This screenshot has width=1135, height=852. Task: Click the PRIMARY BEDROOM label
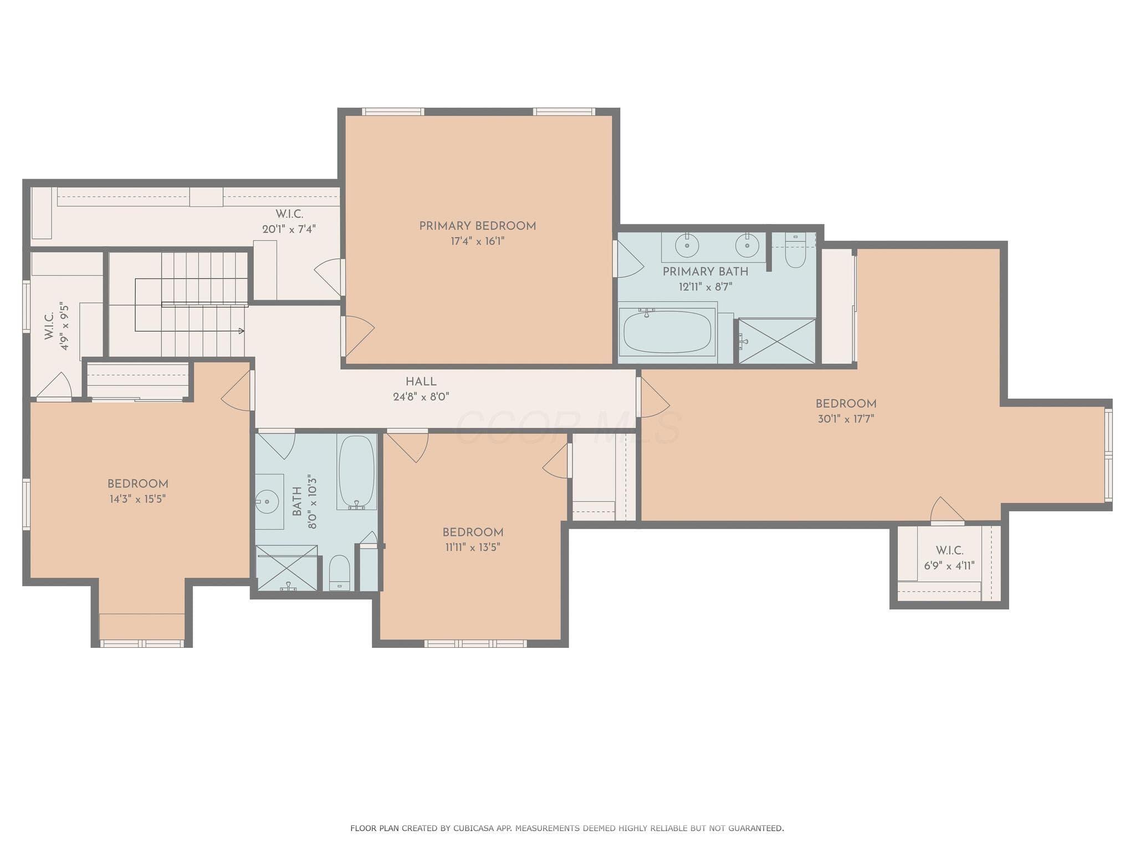tap(477, 226)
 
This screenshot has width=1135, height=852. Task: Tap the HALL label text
tap(421, 382)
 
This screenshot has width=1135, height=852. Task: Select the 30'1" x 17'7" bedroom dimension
tap(846, 419)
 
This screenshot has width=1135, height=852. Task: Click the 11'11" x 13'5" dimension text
tap(473, 547)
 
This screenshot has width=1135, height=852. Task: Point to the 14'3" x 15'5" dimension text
tap(138, 499)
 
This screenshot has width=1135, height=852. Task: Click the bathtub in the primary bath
tap(667, 332)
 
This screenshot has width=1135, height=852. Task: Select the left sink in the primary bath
tap(687, 245)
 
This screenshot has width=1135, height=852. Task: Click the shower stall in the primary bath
tap(777, 341)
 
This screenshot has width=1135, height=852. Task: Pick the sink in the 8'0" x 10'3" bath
tap(268, 501)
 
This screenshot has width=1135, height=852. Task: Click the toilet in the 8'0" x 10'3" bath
tap(340, 573)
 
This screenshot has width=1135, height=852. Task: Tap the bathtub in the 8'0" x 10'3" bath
tap(357, 472)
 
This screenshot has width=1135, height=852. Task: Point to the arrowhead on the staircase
tap(241, 331)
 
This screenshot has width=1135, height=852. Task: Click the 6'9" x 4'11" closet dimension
tap(949, 566)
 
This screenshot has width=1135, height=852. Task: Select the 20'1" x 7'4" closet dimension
tap(289, 229)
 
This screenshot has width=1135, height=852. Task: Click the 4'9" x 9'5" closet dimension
tap(65, 326)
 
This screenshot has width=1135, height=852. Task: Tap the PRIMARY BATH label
tap(705, 272)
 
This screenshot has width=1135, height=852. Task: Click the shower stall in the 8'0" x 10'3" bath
tap(287, 568)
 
